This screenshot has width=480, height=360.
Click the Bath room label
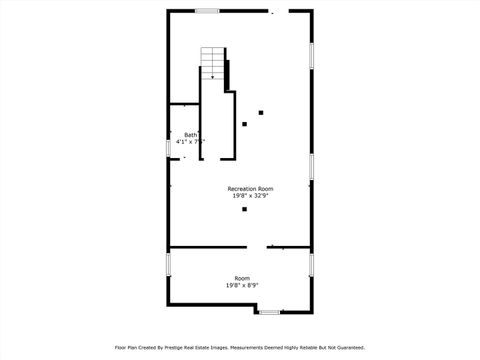(x=190, y=135)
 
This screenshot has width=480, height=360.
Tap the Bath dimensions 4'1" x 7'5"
(x=190, y=142)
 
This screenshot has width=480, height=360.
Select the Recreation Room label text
(x=250, y=189)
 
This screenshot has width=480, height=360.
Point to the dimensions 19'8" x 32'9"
(x=250, y=196)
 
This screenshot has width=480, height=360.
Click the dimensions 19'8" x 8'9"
(x=242, y=285)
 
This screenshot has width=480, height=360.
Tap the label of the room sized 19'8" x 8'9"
(x=242, y=278)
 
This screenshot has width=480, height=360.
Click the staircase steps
(x=213, y=62)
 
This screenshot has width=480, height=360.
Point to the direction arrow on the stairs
(x=212, y=75)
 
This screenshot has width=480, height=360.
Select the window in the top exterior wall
(x=207, y=11)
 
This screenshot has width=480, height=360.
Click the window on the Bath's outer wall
(x=168, y=148)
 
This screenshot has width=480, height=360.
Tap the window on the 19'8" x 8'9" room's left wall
(x=168, y=265)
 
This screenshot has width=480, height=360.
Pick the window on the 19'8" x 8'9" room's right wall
(x=312, y=264)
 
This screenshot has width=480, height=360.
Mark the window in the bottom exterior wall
(x=269, y=312)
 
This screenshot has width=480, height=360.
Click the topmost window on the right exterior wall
(x=312, y=55)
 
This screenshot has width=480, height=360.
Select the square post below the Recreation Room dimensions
(x=244, y=209)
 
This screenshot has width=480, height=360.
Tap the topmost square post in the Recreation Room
(x=261, y=112)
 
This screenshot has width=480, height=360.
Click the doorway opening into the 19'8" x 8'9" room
(x=256, y=247)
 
